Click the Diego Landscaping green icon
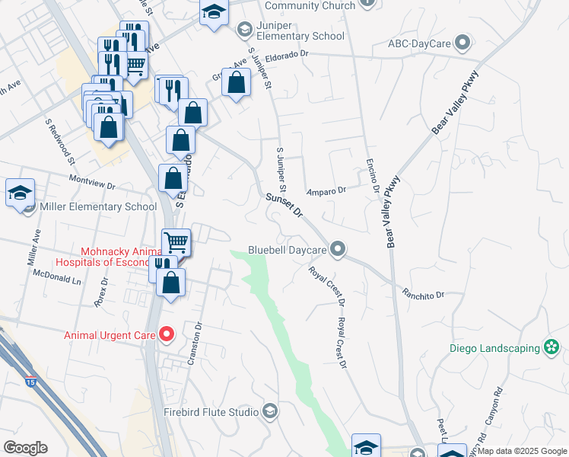[x=552, y=348]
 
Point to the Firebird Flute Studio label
[x=211, y=412]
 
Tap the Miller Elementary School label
[x=97, y=206]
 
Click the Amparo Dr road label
[x=326, y=191]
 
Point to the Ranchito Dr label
[x=423, y=294]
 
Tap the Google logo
[x=25, y=448]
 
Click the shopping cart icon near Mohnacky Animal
[x=176, y=243]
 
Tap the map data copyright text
[x=523, y=451]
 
